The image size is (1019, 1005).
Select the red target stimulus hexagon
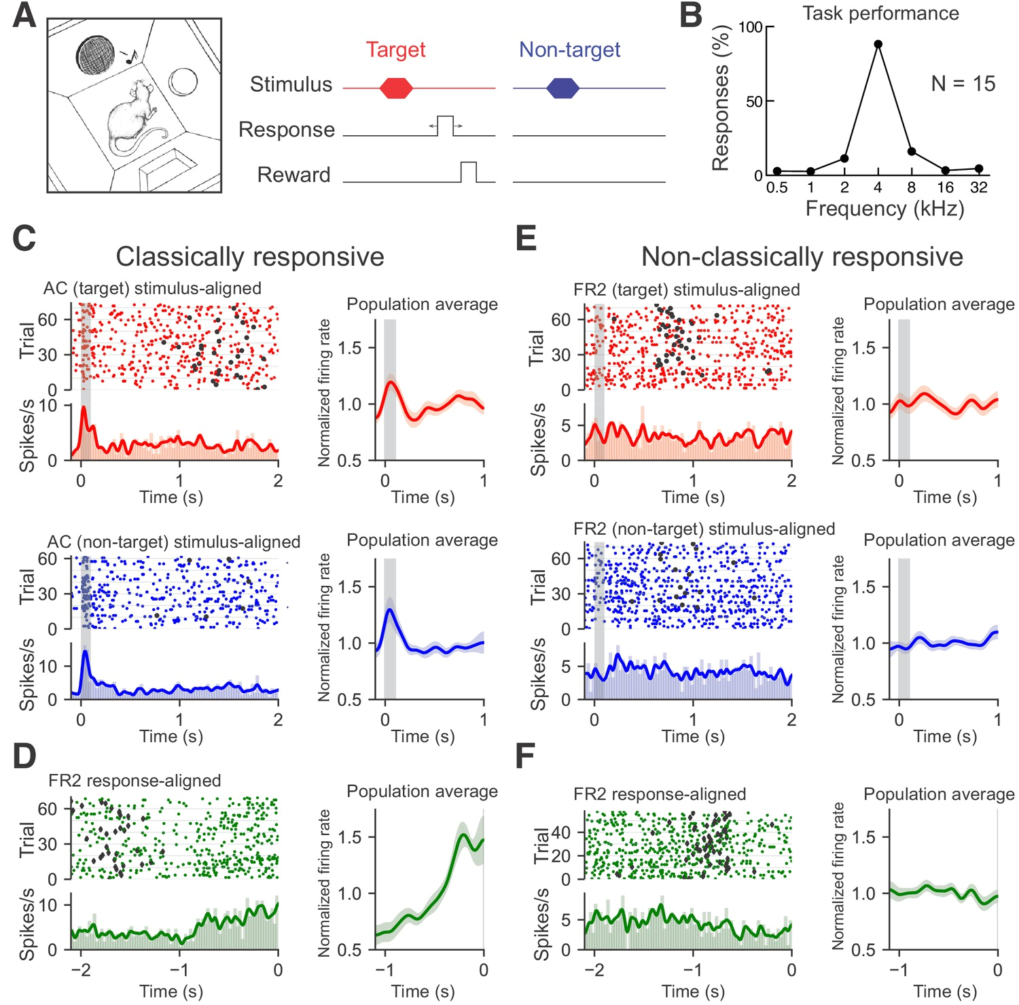[x=396, y=88]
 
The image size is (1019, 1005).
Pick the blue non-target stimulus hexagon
[x=563, y=88]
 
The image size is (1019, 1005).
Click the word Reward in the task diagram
[x=293, y=175]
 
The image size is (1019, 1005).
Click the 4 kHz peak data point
[x=878, y=44]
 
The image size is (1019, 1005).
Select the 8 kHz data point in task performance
[x=912, y=151]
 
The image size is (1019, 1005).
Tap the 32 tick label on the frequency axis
[x=978, y=188]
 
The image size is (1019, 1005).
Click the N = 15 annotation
[x=963, y=84]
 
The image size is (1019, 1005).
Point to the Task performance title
[x=880, y=14]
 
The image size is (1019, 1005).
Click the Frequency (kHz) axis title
[x=884, y=209]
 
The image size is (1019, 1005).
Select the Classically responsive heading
[x=249, y=257]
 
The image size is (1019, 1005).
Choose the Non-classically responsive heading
[x=802, y=257]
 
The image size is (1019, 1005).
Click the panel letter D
[x=24, y=756]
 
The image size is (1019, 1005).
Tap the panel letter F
[x=525, y=756]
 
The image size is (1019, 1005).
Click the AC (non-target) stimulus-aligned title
[x=173, y=542]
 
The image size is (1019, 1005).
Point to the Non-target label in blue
[x=569, y=50]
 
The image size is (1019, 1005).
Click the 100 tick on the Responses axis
[x=751, y=27]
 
